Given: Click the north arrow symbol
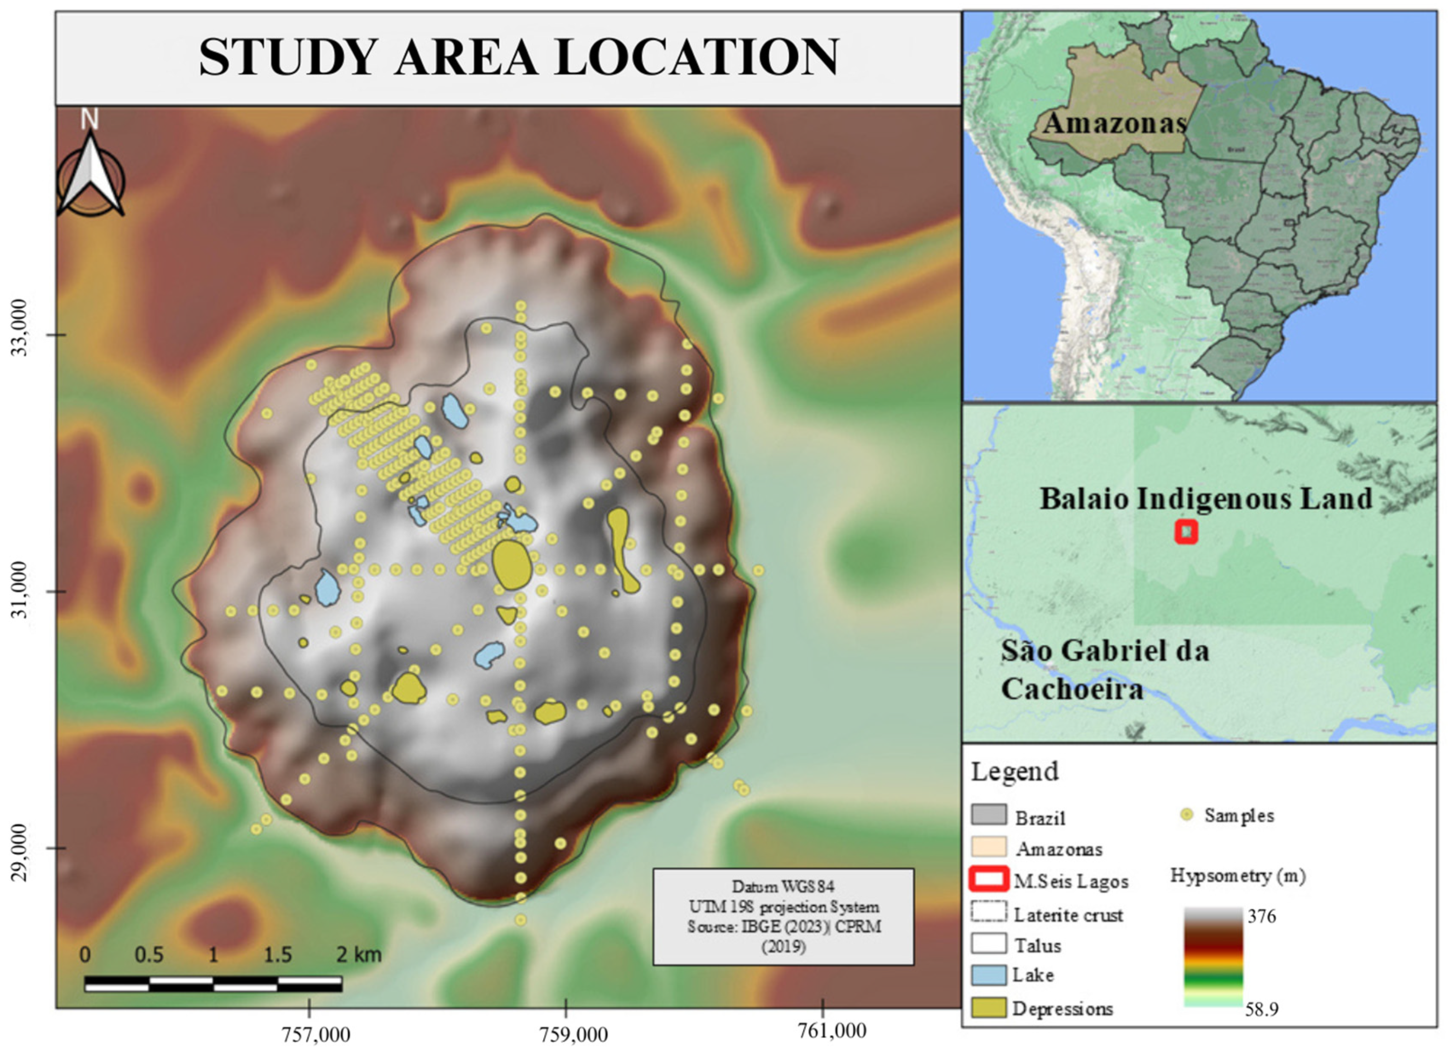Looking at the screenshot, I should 90,173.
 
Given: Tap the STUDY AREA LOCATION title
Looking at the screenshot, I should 518,58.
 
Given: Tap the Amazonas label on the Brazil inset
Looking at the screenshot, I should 1114,123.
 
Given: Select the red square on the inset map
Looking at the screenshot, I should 1186,532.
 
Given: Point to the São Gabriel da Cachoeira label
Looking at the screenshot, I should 1104,670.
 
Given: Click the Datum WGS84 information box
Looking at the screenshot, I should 783,916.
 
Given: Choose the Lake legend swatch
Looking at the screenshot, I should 988,975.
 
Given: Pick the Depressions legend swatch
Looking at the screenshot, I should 988,1008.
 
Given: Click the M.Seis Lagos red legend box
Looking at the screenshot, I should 988,880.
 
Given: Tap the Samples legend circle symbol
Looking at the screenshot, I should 1187,815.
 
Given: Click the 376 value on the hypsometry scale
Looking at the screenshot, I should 1262,916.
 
